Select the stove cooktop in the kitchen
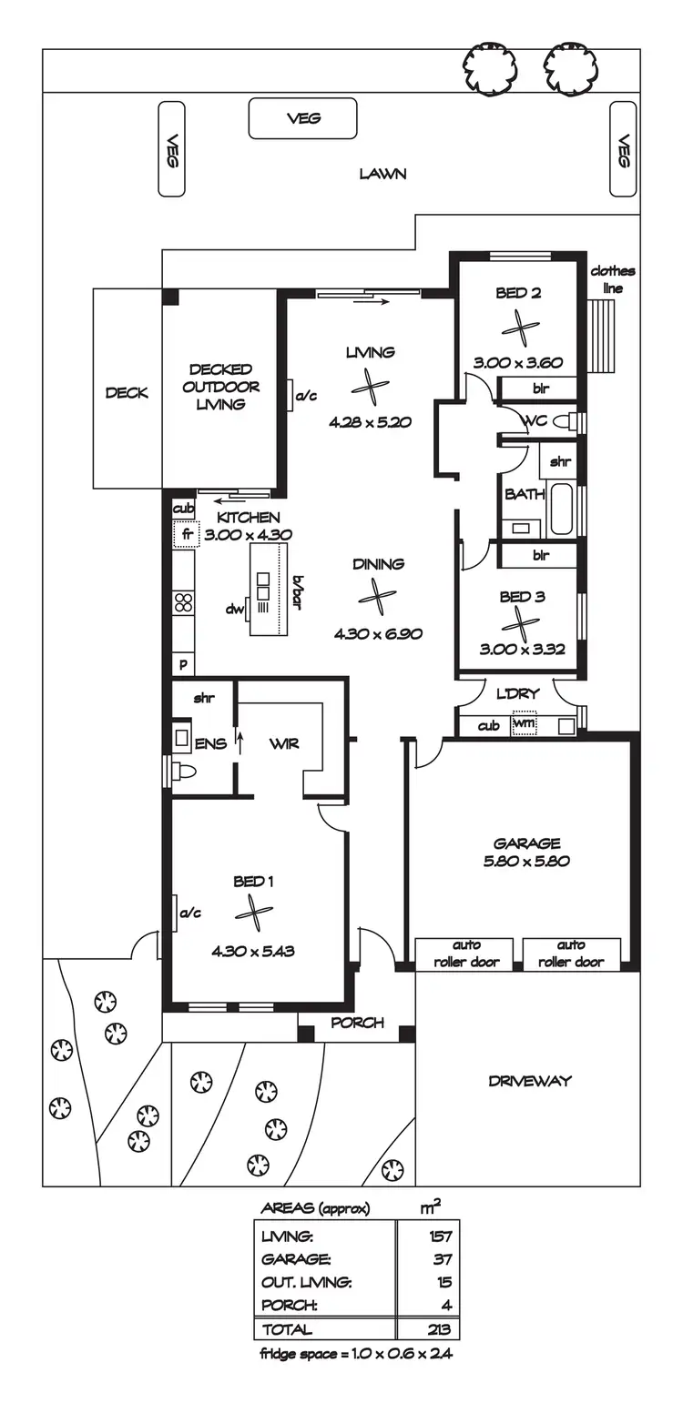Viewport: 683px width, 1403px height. (183, 602)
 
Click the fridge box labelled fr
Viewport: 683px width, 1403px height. (186, 533)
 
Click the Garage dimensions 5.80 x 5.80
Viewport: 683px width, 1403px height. (526, 861)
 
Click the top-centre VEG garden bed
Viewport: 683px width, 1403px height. (303, 118)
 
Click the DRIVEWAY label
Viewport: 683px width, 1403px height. (529, 1081)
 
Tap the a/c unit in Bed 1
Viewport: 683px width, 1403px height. (177, 913)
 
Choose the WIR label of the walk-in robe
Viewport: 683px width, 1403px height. (284, 743)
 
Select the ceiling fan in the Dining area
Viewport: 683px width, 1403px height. (376, 596)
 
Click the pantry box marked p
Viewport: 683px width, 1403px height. (183, 664)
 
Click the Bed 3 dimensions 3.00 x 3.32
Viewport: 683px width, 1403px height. (523, 650)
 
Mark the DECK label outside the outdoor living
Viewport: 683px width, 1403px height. (127, 393)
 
